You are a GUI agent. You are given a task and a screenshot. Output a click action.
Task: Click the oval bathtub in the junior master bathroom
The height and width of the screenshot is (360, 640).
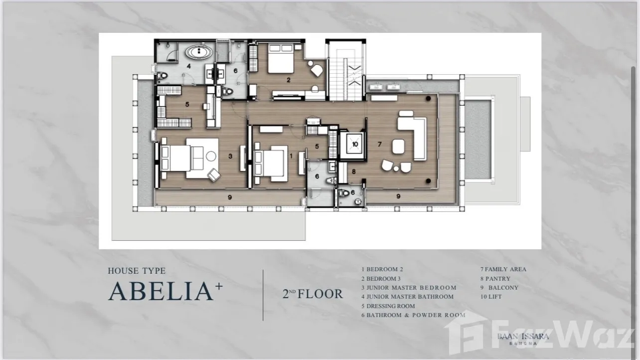[x=199, y=52]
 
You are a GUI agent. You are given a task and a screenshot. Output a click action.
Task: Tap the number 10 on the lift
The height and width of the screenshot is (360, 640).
[x=355, y=144]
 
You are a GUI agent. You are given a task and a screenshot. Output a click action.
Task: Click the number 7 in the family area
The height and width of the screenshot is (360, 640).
[x=379, y=144]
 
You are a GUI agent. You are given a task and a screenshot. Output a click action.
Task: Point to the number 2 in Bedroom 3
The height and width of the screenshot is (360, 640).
[x=289, y=80]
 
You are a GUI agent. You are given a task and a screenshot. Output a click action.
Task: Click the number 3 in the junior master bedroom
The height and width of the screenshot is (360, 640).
[x=230, y=156]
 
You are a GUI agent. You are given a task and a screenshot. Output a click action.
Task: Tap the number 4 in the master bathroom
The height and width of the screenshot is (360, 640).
[x=188, y=66]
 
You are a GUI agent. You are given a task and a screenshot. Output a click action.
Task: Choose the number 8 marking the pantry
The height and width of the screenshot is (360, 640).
[x=354, y=172]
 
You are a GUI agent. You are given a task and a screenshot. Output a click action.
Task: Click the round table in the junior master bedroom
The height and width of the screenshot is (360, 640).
[x=211, y=156]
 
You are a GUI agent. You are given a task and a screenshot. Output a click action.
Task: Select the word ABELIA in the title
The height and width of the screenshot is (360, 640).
[x=161, y=291]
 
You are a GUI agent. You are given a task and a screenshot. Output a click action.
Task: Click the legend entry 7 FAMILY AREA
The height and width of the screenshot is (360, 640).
[x=503, y=269]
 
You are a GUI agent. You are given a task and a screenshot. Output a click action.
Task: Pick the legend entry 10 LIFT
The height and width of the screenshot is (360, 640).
[x=491, y=297]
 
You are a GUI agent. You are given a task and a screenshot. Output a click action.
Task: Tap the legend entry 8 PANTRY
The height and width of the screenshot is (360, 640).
[x=495, y=279]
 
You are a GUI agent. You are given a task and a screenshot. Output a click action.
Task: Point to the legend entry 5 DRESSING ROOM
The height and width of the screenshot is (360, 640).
[x=388, y=306]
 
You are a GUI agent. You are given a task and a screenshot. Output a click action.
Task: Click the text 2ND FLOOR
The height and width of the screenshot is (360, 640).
[x=313, y=294]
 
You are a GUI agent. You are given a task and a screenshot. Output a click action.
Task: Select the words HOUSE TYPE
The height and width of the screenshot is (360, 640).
[x=137, y=271]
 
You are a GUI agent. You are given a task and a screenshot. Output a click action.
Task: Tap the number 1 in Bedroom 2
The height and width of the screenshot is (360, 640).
[x=291, y=156]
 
